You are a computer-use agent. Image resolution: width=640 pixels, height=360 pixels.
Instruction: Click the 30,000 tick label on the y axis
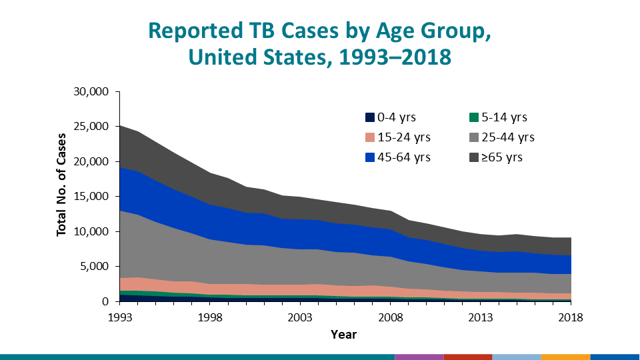click(x=89, y=91)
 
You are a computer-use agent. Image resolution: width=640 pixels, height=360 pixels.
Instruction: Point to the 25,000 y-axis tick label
click(x=89, y=127)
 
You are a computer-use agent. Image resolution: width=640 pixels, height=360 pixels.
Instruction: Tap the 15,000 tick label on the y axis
click(x=89, y=197)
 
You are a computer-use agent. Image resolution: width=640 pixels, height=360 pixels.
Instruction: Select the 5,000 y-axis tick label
click(x=93, y=267)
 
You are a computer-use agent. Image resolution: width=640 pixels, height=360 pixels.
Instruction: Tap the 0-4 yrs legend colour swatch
click(x=369, y=118)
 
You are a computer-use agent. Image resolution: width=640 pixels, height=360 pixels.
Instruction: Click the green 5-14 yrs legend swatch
click(x=474, y=118)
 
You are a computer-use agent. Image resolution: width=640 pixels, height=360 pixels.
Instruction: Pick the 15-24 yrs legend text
click(x=404, y=138)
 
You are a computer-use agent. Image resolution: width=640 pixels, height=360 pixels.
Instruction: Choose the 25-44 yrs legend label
click(x=508, y=138)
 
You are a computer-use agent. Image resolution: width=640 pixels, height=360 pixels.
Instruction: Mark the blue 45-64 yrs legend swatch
click(x=369, y=158)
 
